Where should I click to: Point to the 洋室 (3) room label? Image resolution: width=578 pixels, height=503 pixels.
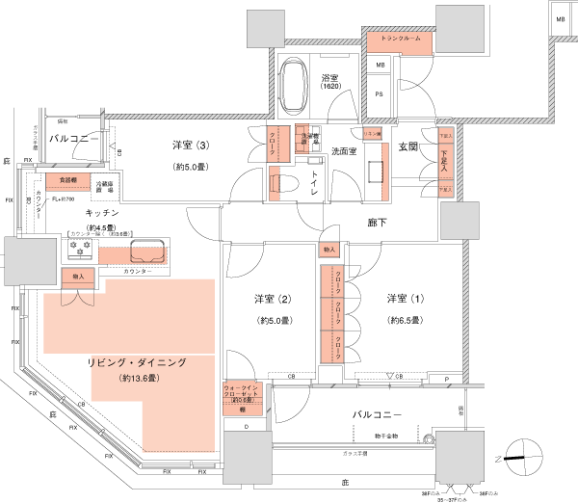(191, 146)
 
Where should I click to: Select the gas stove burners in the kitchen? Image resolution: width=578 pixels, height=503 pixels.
(79, 247)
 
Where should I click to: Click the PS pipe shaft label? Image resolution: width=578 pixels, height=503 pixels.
(380, 93)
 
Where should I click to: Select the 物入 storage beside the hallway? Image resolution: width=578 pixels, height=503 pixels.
(330, 251)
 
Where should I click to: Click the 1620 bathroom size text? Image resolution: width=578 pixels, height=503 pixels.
(329, 88)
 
